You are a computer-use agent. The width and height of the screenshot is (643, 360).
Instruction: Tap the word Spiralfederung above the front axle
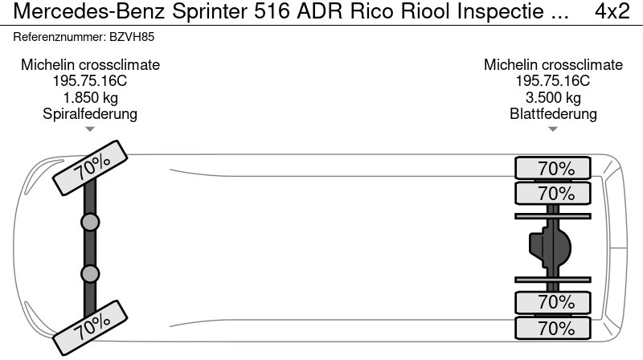[90, 113]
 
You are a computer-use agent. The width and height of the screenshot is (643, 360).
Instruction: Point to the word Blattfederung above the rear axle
[553, 113]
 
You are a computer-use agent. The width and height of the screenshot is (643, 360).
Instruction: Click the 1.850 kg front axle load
[90, 97]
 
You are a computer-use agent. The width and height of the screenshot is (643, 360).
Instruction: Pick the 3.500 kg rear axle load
[553, 97]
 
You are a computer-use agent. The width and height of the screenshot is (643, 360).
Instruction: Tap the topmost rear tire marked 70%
[553, 169]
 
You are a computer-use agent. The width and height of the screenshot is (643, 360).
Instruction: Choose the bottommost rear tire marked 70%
[553, 329]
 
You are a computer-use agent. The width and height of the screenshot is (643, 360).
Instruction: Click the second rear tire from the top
[553, 194]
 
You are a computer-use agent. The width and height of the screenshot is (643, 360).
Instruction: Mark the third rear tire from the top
[553, 303]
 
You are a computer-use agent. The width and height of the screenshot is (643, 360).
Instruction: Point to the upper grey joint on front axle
[90, 222]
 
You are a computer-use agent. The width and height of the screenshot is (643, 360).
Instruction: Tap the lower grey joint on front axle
[90, 274]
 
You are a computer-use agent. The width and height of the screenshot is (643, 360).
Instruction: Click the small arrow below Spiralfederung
[90, 129]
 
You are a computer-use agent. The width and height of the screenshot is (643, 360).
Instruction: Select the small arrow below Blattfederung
[553, 129]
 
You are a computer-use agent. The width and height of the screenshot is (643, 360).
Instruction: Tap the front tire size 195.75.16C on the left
[90, 81]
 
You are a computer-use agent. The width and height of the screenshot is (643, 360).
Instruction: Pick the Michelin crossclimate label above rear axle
[553, 65]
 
